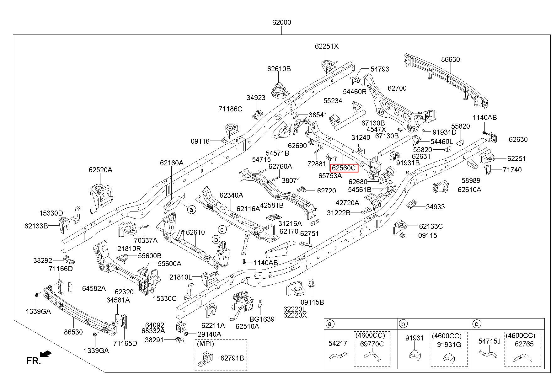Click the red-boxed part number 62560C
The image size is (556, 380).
[x=344, y=168]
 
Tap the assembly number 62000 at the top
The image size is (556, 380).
[x=281, y=23]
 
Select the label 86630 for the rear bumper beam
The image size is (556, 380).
[x=450, y=59]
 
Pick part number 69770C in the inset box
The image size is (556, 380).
[x=372, y=344]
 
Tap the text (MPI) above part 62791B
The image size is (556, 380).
[x=205, y=344]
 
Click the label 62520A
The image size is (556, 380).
[x=100, y=170]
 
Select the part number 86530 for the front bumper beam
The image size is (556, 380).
[x=73, y=332]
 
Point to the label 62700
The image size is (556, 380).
[x=397, y=88]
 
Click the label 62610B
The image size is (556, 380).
[x=279, y=69]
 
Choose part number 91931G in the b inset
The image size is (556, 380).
[x=449, y=344]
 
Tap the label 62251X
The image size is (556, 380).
[x=327, y=46]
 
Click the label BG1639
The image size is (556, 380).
[x=262, y=319]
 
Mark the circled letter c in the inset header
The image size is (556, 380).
[x=476, y=324]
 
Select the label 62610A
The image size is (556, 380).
[x=469, y=189]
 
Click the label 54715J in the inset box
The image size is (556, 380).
[x=489, y=341]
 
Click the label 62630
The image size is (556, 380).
[x=518, y=139]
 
